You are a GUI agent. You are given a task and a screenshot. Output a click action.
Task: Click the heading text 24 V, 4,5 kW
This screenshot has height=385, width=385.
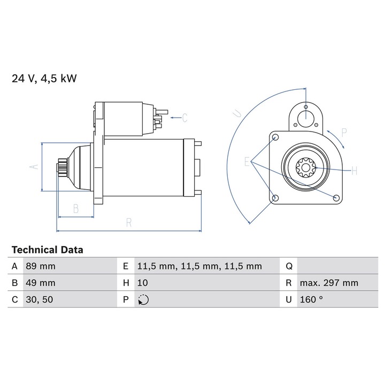(x=44, y=79)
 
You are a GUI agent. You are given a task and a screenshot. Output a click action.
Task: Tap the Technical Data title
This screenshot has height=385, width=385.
(x=48, y=250)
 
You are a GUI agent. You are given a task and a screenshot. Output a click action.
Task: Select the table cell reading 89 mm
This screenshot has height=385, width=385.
(x=41, y=266)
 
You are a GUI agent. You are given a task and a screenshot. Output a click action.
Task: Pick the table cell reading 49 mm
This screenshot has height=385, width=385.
(x=41, y=283)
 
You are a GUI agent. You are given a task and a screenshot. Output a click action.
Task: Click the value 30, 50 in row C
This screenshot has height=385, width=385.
(x=39, y=299)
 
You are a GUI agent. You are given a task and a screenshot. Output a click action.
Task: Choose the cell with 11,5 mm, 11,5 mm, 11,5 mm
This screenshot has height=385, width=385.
(x=199, y=266)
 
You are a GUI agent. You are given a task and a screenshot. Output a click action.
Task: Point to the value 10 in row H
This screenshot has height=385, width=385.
(x=142, y=283)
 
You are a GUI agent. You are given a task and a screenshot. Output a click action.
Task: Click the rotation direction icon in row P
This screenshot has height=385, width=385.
(x=143, y=300)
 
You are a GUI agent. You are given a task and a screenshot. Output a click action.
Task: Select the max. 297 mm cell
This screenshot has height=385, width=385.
(x=329, y=283)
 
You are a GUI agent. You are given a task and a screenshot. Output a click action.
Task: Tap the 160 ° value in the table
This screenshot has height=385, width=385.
(x=311, y=299)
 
